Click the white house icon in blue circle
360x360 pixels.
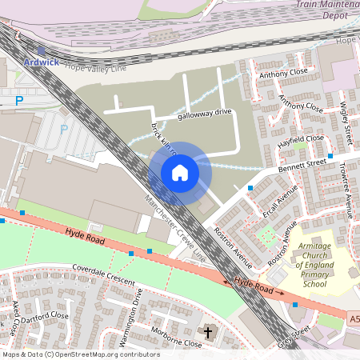[180, 172]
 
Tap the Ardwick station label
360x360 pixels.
[42, 62]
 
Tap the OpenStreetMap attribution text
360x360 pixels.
[80, 354]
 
